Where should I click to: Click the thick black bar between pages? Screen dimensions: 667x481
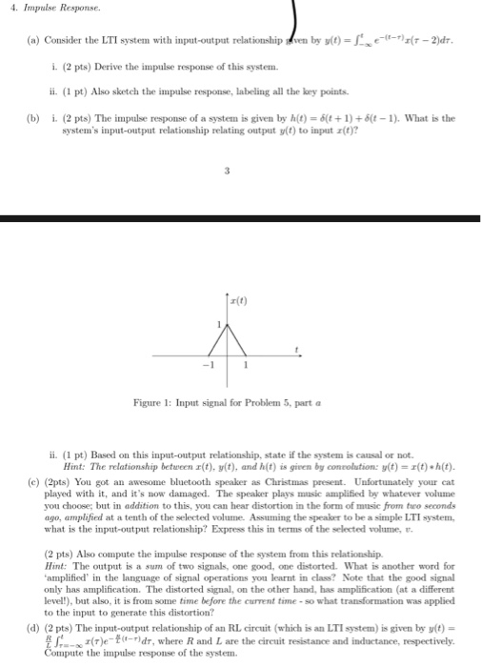tap(240, 219)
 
